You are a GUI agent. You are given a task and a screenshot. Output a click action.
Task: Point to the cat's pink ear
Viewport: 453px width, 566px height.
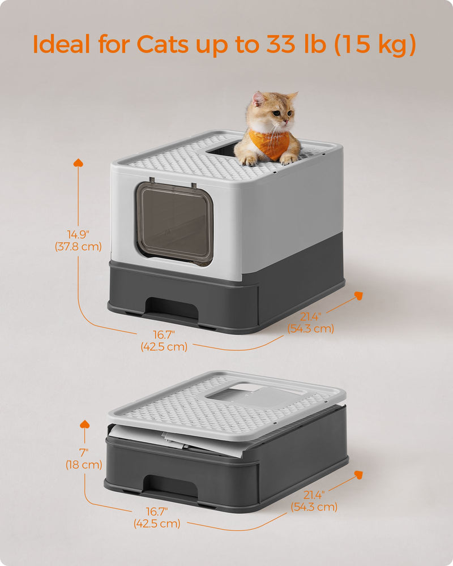pyautogui.click(x=258, y=100)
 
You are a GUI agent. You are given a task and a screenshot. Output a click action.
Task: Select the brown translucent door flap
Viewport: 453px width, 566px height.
pyautogui.click(x=174, y=222)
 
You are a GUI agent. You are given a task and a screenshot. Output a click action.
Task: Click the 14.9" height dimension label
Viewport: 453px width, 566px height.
pyautogui.click(x=78, y=234)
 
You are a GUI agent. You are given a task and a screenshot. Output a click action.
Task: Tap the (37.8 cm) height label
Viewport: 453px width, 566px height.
pyautogui.click(x=78, y=246)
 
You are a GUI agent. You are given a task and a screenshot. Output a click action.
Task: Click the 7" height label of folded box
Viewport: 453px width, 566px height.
pyautogui.click(x=84, y=453)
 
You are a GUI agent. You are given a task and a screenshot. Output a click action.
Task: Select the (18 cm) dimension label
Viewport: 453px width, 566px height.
pyautogui.click(x=84, y=465)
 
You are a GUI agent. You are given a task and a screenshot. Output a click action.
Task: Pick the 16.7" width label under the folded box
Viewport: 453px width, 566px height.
pyautogui.click(x=157, y=512)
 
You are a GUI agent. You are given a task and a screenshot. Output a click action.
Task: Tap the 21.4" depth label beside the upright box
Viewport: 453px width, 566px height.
pyautogui.click(x=310, y=317)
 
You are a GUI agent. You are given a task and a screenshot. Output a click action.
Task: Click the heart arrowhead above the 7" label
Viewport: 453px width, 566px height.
pyautogui.click(x=85, y=424)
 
